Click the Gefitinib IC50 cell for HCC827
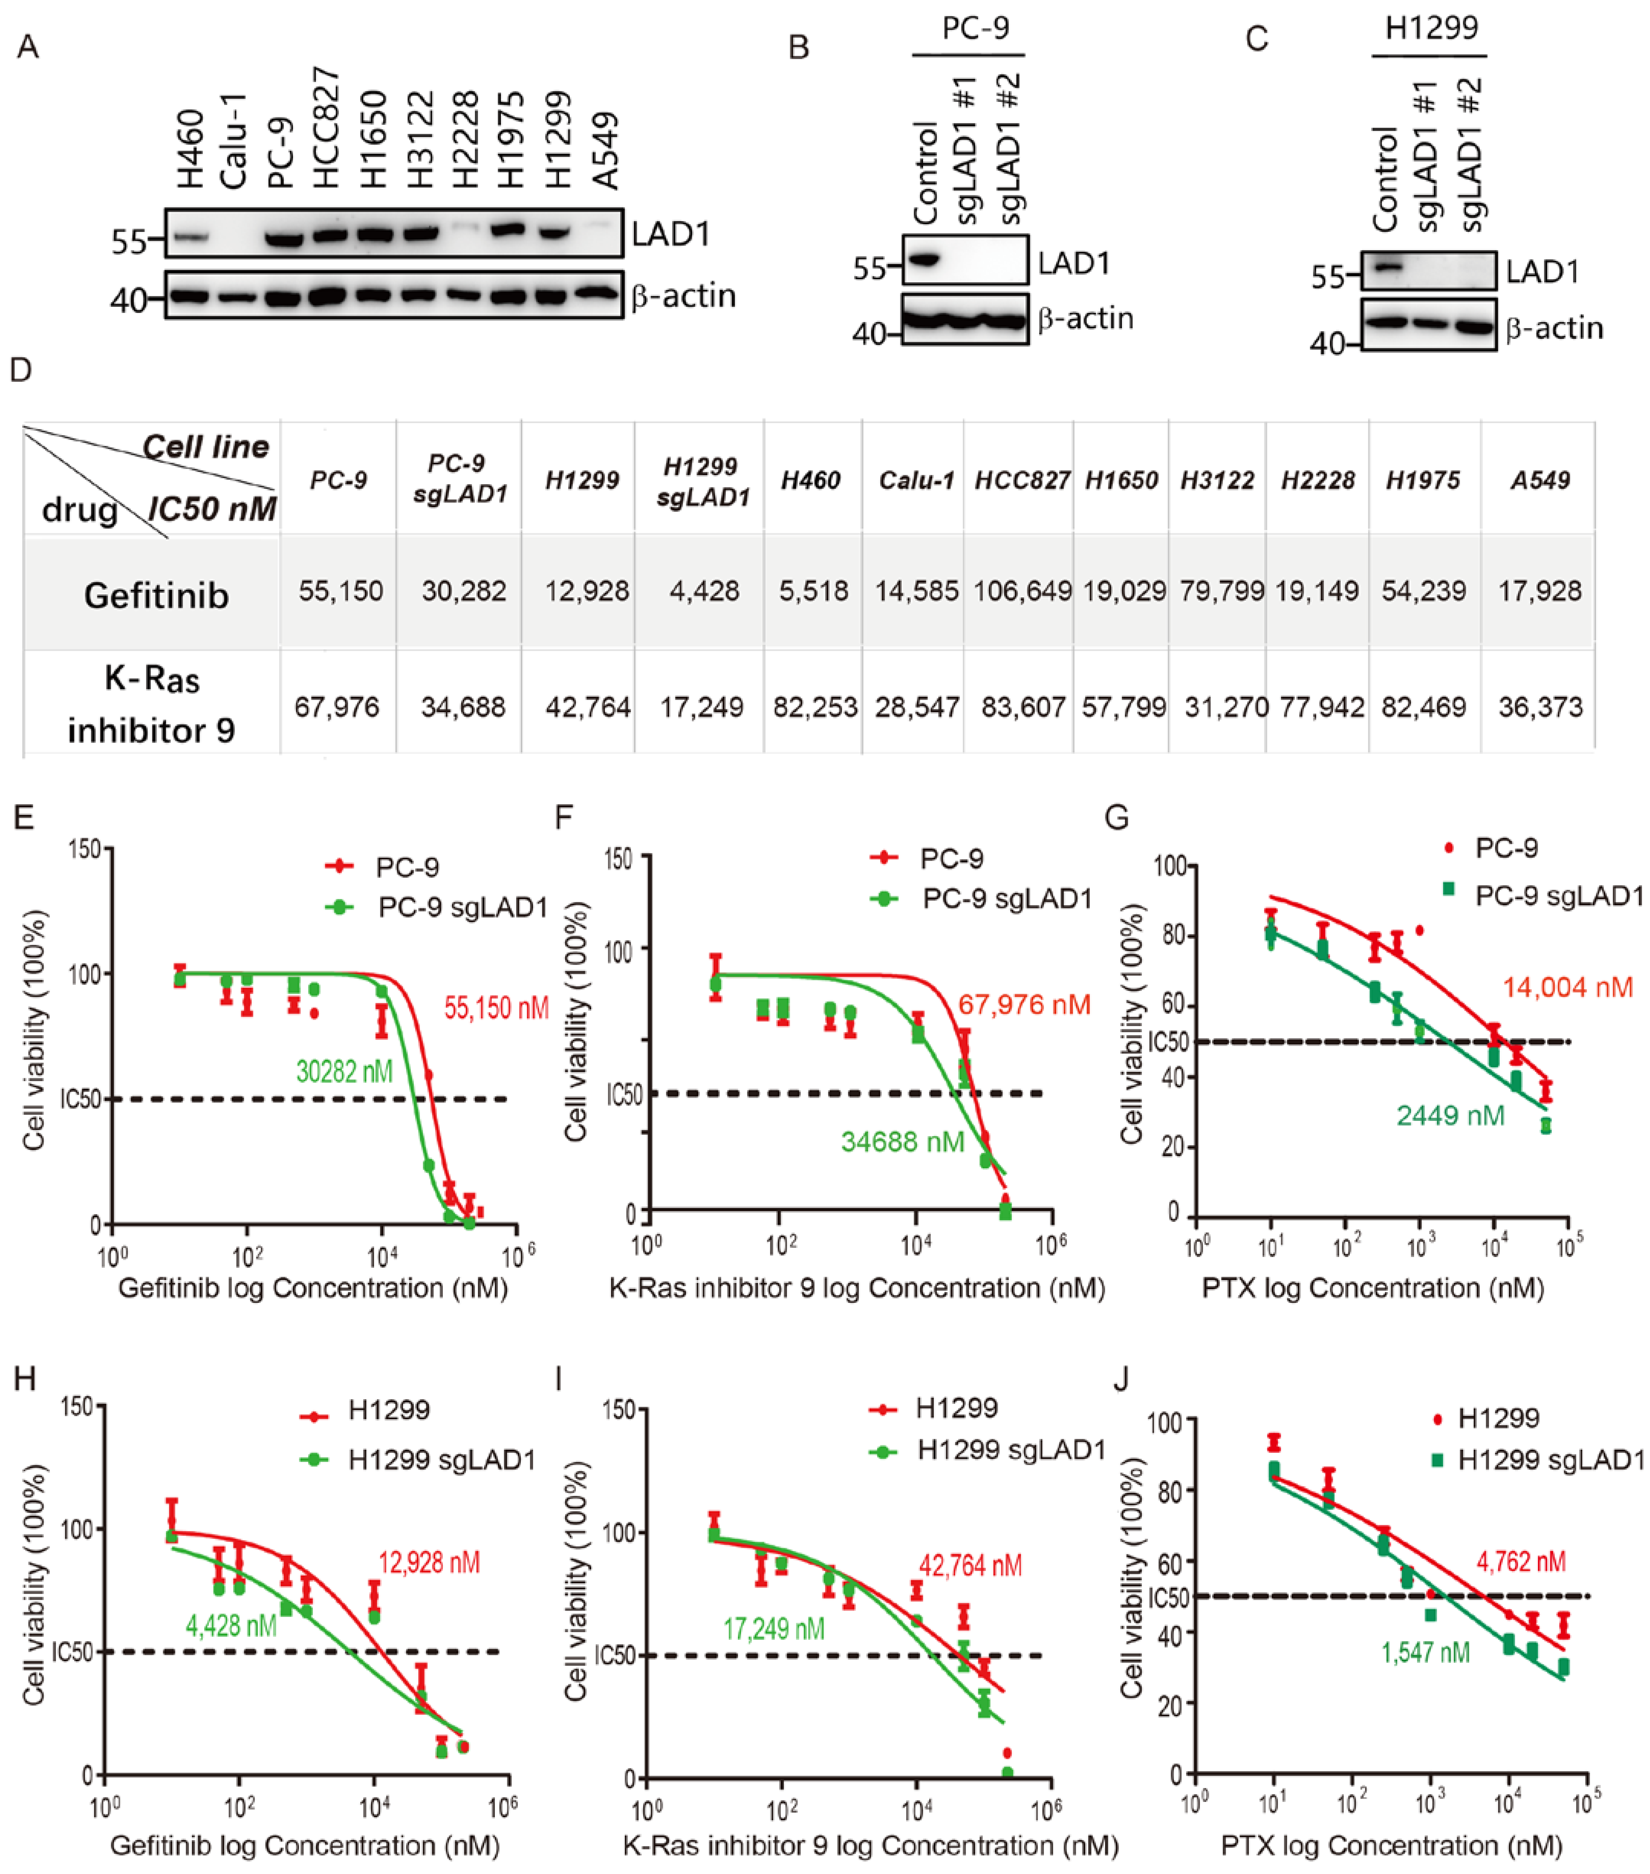tap(1022, 591)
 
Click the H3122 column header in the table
tap(1218, 480)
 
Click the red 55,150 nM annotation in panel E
tap(496, 1008)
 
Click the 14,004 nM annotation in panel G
tap(1567, 987)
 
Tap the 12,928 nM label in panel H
tap(429, 1562)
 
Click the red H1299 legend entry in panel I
tap(956, 1407)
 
